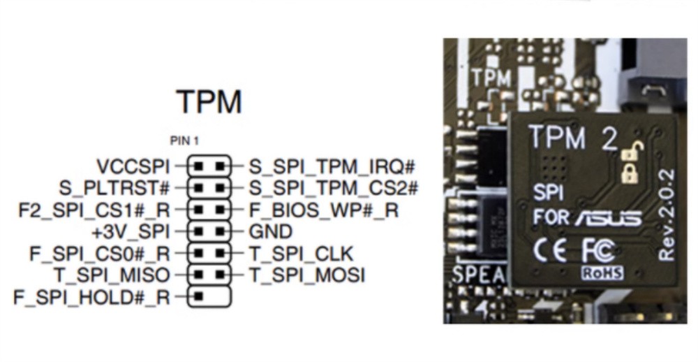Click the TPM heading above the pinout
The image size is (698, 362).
(x=209, y=102)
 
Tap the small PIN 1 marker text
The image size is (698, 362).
(x=184, y=141)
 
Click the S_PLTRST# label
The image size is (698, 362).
(x=114, y=188)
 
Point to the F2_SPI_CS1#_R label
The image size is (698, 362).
(x=94, y=210)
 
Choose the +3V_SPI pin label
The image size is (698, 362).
(x=131, y=231)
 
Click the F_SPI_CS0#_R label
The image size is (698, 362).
(x=99, y=253)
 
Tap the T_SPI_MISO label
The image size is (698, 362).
(x=111, y=275)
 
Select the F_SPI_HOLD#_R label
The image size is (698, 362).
(x=91, y=297)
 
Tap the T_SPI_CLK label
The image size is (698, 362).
(x=302, y=253)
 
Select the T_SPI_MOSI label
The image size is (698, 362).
(x=307, y=275)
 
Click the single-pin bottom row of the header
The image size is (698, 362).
(x=209, y=297)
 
